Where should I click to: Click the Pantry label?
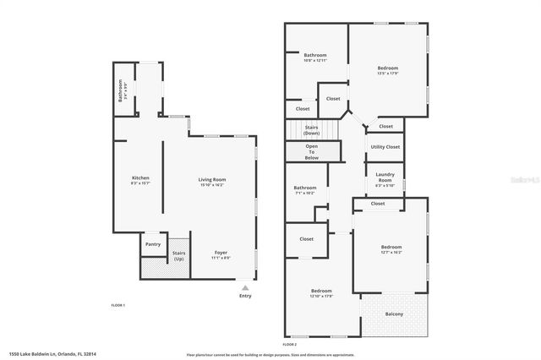coord(153,244)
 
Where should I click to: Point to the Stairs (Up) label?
coord(178,255)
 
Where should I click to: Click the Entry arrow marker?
coord(245,292)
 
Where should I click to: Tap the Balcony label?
coord(394,314)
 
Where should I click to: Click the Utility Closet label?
coord(385,147)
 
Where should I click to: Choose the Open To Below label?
coord(312,153)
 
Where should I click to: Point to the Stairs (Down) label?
coord(312,130)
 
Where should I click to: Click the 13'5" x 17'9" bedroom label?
coord(388,70)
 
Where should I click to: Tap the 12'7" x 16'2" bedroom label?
coord(391,249)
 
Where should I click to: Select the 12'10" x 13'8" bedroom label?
coord(321,293)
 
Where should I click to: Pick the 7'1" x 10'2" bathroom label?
coord(305,190)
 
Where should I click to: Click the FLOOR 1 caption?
coord(118,304)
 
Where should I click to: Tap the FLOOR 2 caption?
coord(290,345)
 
